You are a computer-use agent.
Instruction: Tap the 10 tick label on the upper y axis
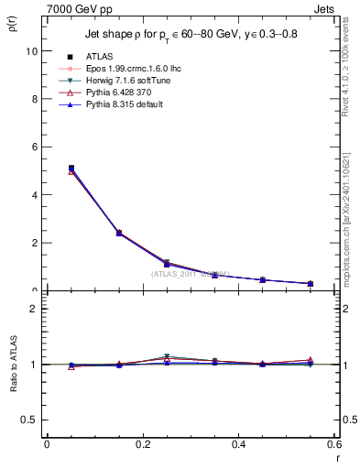[33, 51]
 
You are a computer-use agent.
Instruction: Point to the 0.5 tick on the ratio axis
[30, 420]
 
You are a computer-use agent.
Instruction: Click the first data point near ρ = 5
[71, 169]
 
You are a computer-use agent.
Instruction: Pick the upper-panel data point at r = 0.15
[119, 233]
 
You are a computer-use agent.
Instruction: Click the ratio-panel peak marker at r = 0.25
[167, 357]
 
